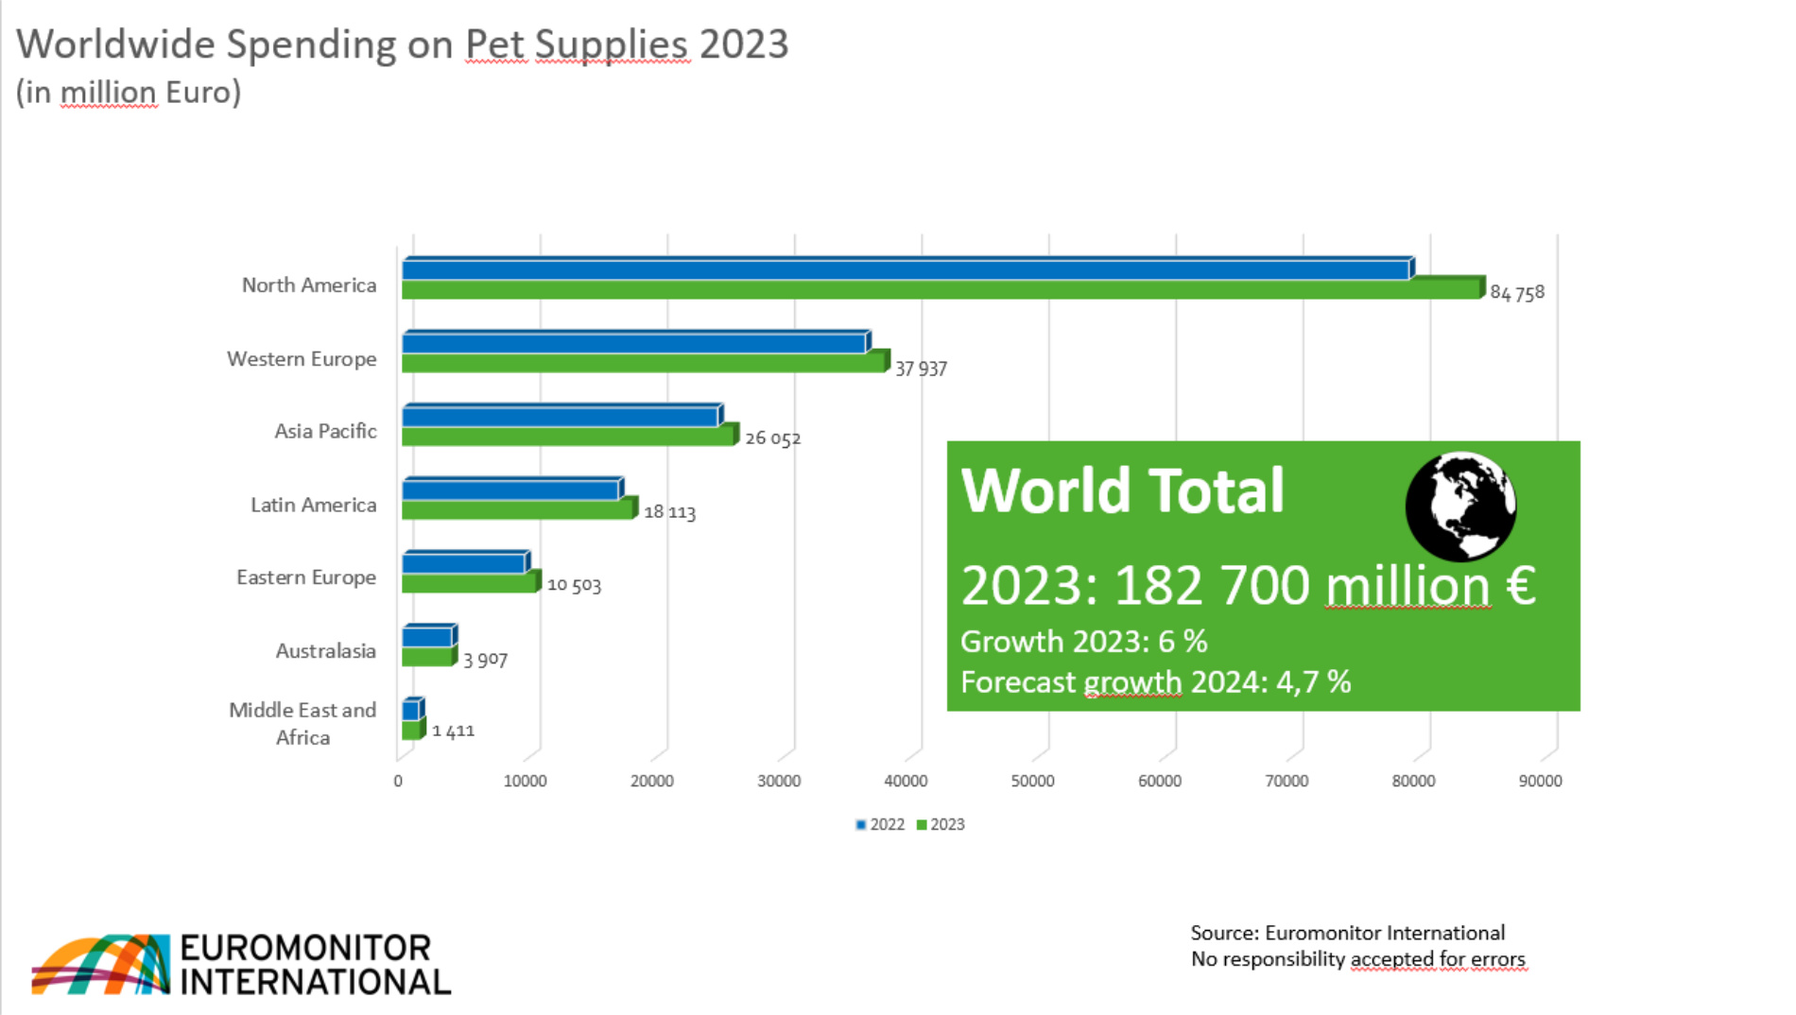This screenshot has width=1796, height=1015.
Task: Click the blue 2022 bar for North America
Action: pos(906,270)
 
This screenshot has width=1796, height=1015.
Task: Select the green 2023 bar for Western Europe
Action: pos(643,363)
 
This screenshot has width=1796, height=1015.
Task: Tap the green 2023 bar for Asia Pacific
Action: pos(567,437)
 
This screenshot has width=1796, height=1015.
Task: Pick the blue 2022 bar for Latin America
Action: pos(510,490)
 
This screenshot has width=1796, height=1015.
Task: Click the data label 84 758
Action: pos(1516,293)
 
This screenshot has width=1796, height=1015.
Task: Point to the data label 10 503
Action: pos(574,585)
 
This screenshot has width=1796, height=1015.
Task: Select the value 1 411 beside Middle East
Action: pos(453,731)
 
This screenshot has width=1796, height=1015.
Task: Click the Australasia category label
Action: pos(325,651)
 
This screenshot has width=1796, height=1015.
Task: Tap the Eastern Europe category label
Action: pos(305,577)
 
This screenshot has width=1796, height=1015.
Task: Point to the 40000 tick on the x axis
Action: pos(906,781)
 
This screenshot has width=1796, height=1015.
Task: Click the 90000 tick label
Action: pos(1540,781)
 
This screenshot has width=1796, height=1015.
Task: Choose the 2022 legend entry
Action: pos(880,824)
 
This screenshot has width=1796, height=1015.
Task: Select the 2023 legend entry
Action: pos(941,824)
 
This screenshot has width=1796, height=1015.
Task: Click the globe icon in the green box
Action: pos(1459,507)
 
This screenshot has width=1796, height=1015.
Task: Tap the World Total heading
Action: pos(1122,490)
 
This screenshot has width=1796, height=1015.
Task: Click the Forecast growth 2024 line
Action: pos(1155,682)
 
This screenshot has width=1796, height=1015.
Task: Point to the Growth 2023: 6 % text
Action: pos(1083,642)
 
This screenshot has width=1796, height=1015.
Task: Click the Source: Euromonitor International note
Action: pos(1347,933)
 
